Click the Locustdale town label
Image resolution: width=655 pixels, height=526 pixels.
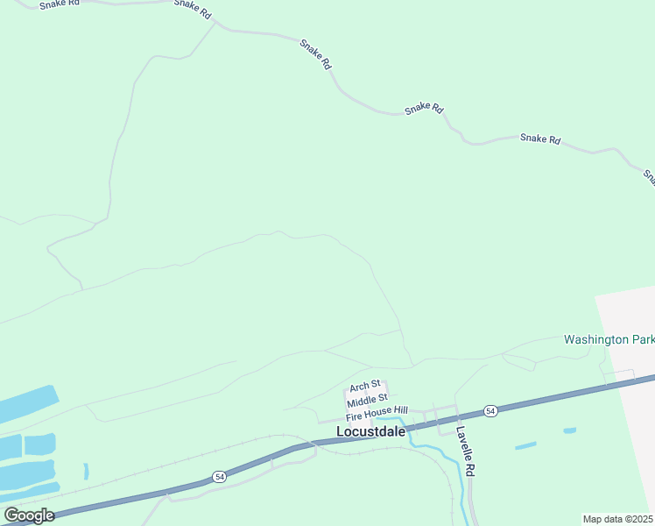pos(370,431)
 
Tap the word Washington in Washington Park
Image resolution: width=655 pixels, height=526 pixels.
pos(595,339)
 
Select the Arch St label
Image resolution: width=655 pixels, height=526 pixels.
pos(364,386)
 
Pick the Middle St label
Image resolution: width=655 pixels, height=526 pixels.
pos(366,402)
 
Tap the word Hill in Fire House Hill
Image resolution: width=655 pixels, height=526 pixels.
pos(398,411)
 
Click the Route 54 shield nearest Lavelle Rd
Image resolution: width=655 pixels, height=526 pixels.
pos(489,410)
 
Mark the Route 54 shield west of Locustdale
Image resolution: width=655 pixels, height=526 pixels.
pos(218,477)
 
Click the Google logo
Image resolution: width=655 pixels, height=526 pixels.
pos(29,515)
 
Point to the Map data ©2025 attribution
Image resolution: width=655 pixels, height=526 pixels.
pos(618,519)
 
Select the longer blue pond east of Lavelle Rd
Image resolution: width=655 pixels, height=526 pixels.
pos(525,445)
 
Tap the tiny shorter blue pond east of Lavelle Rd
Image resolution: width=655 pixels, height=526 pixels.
pos(570,430)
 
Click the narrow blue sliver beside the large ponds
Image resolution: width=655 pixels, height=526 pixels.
pos(86,471)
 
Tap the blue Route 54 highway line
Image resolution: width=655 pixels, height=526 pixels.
pos(569,394)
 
